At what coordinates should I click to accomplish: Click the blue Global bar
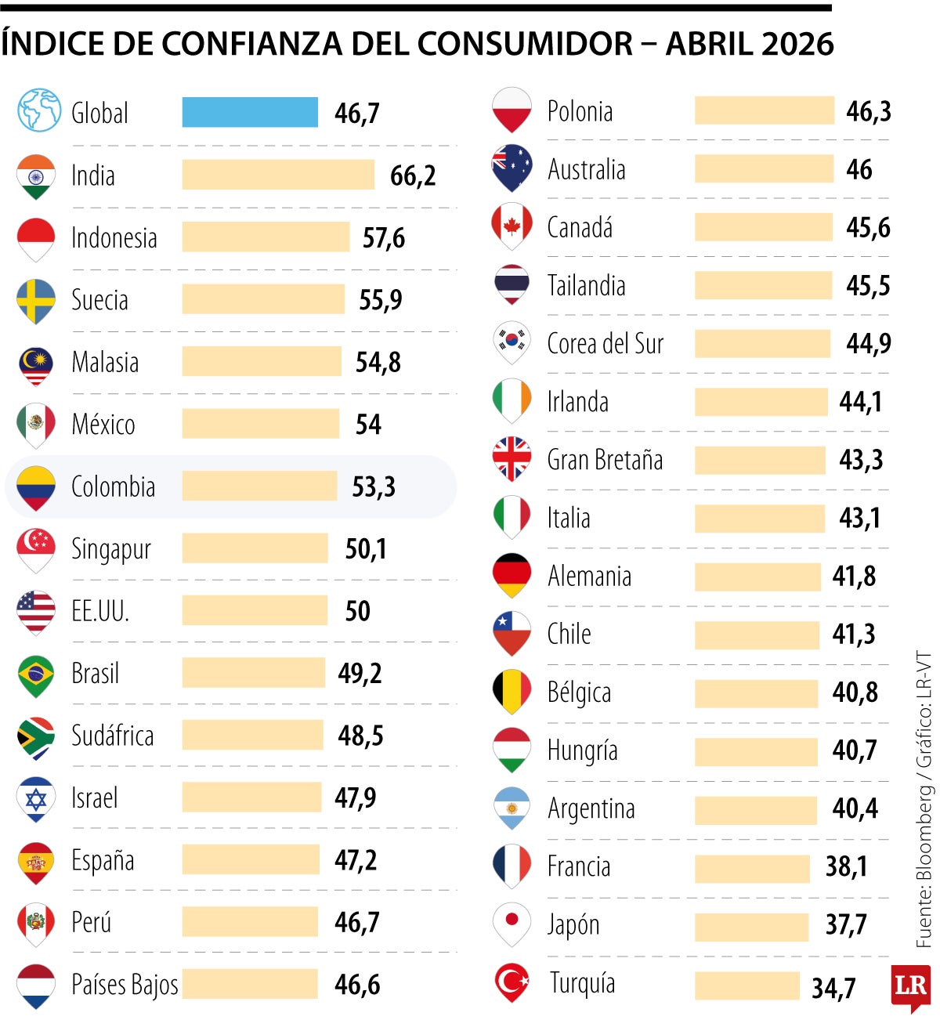(x=250, y=112)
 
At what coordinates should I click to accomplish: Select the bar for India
(x=278, y=175)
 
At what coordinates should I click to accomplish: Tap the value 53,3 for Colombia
(x=374, y=486)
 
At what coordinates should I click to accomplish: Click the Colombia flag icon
(x=36, y=486)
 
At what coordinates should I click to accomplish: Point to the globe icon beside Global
(x=39, y=110)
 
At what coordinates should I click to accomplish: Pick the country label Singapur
(x=111, y=549)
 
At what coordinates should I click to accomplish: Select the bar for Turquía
(x=747, y=985)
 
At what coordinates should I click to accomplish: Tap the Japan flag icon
(x=512, y=923)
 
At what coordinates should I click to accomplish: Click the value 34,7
(x=833, y=988)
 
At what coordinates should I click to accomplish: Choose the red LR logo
(x=910, y=987)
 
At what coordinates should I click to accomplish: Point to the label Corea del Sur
(x=605, y=343)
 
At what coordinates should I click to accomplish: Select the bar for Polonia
(x=764, y=110)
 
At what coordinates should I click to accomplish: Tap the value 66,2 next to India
(x=413, y=175)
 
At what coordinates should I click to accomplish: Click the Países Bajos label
(x=125, y=985)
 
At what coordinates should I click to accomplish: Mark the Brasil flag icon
(x=36, y=674)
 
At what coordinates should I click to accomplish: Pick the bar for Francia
(x=751, y=868)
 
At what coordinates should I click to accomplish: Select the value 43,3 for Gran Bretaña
(x=861, y=460)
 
